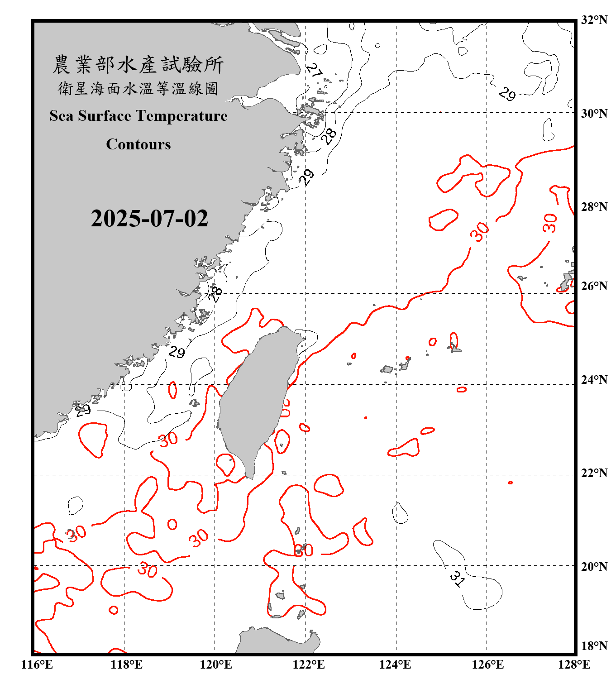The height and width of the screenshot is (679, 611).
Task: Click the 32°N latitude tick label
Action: [594, 20]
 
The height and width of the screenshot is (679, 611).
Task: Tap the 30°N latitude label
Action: [594, 114]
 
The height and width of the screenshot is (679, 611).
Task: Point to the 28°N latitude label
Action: [594, 207]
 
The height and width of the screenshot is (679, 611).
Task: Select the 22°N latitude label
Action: [594, 473]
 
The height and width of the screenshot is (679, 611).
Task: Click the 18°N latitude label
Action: [594, 646]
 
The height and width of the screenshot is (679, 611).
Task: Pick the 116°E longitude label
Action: [37, 665]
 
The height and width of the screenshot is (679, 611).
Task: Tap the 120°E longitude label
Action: [216, 665]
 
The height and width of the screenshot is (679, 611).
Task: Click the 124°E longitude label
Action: [395, 665]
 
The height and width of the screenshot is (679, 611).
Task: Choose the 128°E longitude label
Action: [574, 665]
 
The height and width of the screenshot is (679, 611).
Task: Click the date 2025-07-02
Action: [149, 219]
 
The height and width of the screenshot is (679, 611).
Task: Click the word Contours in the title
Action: [138, 144]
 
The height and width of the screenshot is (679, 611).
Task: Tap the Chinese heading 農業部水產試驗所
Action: [138, 65]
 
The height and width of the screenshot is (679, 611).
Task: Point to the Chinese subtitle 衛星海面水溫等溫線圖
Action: [138, 88]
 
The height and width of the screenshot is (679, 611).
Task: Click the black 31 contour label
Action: [458, 578]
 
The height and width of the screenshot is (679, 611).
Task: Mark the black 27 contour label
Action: [314, 70]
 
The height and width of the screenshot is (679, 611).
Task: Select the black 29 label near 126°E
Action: [507, 94]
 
